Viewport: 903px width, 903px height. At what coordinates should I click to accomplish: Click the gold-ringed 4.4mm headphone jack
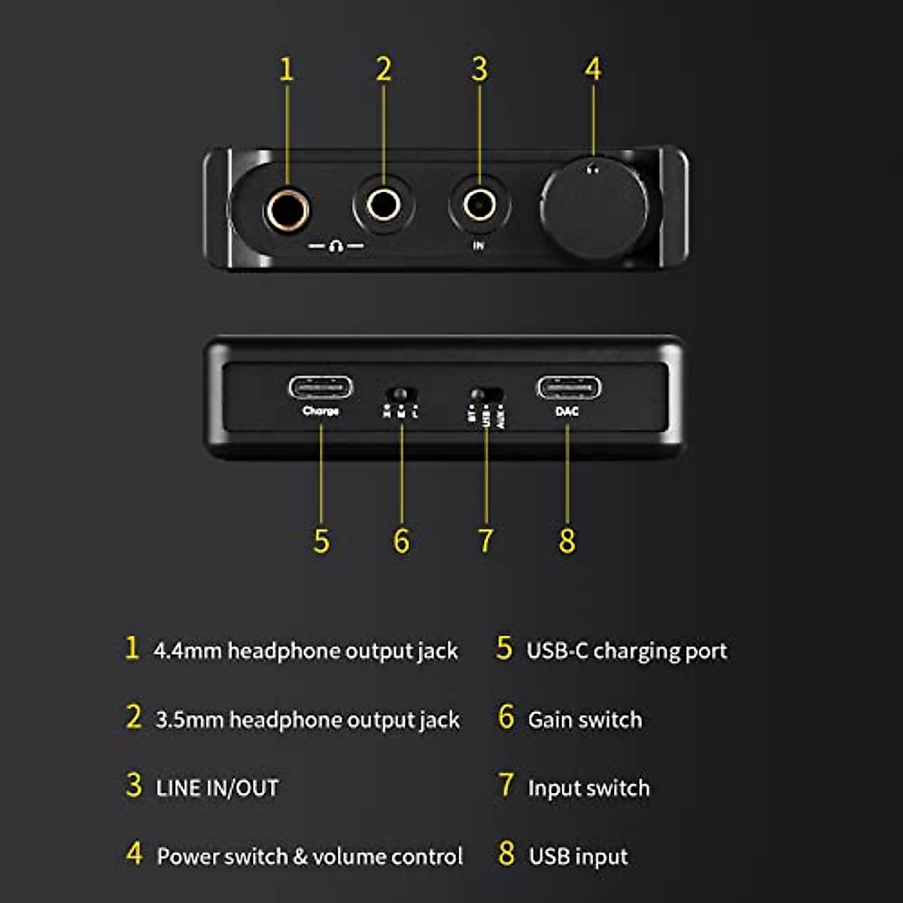point(287,209)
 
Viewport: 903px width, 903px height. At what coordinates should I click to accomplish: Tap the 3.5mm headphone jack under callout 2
point(384,204)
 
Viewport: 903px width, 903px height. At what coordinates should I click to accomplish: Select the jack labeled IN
point(479,203)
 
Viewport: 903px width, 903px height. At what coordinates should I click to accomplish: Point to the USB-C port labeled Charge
point(321,388)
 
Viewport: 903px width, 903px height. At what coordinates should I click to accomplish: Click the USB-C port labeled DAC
point(568,388)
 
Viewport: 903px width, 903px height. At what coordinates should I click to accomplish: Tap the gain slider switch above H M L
point(400,394)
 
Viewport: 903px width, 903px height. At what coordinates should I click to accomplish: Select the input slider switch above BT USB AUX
point(485,394)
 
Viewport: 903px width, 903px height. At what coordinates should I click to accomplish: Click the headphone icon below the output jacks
point(336,247)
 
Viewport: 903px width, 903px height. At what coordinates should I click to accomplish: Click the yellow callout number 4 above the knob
point(593,69)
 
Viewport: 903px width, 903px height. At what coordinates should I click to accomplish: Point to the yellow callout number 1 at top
point(286,69)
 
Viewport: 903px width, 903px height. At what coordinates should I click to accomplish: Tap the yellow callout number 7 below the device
point(485,540)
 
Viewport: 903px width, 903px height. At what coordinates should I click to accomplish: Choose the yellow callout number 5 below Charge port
point(321,540)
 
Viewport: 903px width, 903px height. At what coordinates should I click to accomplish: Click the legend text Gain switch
point(585,719)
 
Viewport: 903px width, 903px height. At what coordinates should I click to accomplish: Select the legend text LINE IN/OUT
point(217,788)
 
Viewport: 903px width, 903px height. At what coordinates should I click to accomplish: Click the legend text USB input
point(578,856)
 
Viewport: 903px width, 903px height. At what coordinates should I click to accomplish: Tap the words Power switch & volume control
point(309,856)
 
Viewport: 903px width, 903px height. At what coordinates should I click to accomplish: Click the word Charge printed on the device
point(321,411)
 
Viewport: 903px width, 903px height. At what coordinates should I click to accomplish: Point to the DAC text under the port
point(567,412)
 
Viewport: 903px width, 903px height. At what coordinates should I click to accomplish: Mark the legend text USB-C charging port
point(626,651)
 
